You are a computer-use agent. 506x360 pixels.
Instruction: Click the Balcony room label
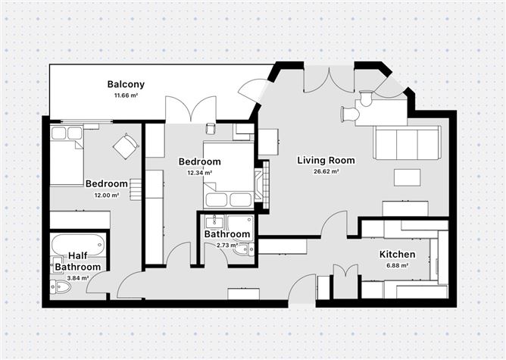[126, 84]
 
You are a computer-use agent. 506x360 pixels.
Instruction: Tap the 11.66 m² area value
[126, 96]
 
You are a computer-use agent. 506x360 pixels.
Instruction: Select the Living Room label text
[326, 160]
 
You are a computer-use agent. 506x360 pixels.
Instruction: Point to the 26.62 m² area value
[326, 172]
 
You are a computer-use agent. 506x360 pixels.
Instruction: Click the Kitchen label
[396, 254]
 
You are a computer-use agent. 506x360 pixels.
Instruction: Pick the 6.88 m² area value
[396, 266]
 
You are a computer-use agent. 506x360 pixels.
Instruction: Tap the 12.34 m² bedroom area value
[199, 173]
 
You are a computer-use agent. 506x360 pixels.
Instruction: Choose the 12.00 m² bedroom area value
[106, 196]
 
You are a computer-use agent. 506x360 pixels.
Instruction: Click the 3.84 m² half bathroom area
[77, 278]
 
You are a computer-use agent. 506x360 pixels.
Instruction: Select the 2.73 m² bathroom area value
[226, 246]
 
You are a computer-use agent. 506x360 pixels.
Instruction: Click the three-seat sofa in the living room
[407, 142]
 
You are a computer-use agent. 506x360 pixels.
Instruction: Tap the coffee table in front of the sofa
[407, 177]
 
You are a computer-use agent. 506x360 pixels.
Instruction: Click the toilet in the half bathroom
[60, 286]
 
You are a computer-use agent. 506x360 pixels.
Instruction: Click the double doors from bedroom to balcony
[186, 111]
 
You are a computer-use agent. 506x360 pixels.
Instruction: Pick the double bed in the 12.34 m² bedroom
[228, 176]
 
